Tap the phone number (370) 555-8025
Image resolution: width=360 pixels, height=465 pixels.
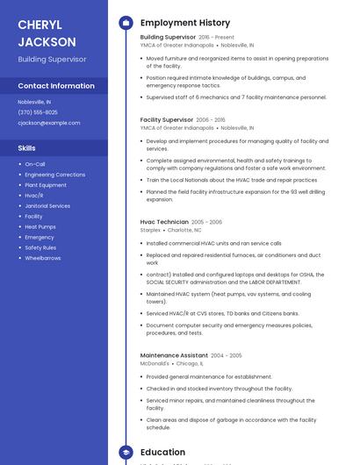(x=38, y=112)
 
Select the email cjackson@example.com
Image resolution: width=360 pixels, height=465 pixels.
(x=49, y=123)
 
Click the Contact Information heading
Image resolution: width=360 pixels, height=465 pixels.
(x=56, y=86)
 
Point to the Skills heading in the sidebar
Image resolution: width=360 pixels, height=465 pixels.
(x=27, y=148)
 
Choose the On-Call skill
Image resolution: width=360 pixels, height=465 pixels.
(x=35, y=164)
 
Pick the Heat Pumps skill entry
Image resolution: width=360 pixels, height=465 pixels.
(x=40, y=226)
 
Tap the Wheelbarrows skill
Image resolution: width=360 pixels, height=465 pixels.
(x=43, y=258)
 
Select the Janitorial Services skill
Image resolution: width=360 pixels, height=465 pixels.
(x=47, y=205)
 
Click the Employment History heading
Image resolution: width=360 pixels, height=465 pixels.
(x=185, y=23)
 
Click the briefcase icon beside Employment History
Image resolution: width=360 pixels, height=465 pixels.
(x=126, y=23)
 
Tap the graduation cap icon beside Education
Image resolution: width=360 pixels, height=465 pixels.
(x=126, y=453)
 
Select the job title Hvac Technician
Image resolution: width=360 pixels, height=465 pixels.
(x=164, y=222)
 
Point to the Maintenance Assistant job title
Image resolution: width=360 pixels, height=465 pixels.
(x=175, y=355)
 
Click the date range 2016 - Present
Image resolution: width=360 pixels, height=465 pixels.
(x=216, y=38)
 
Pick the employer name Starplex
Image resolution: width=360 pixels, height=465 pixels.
(x=150, y=230)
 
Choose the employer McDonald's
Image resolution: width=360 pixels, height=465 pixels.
(x=155, y=363)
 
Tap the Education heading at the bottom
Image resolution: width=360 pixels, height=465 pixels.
(x=162, y=453)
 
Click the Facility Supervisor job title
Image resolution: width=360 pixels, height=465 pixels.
(x=167, y=119)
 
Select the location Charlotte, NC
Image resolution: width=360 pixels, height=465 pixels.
(x=184, y=230)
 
